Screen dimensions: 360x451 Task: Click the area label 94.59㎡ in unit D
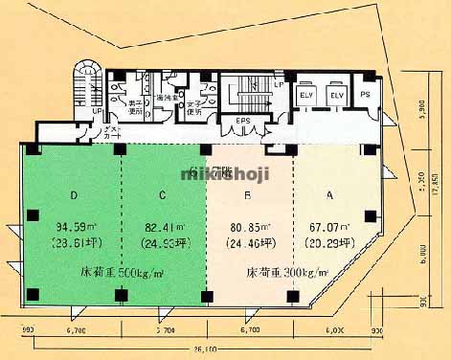coord(76,228)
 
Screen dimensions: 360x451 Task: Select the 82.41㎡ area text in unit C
coord(164,228)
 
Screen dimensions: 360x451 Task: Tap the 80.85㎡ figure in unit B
coord(250,228)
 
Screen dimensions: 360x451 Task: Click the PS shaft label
coord(366,96)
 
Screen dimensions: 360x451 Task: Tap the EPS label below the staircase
coord(243,122)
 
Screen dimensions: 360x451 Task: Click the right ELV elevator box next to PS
coord(336,96)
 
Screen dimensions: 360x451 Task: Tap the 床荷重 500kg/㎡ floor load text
coord(122,273)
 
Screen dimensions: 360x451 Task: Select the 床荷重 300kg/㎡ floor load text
coord(288,273)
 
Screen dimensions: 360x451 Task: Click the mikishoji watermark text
coord(225,173)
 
